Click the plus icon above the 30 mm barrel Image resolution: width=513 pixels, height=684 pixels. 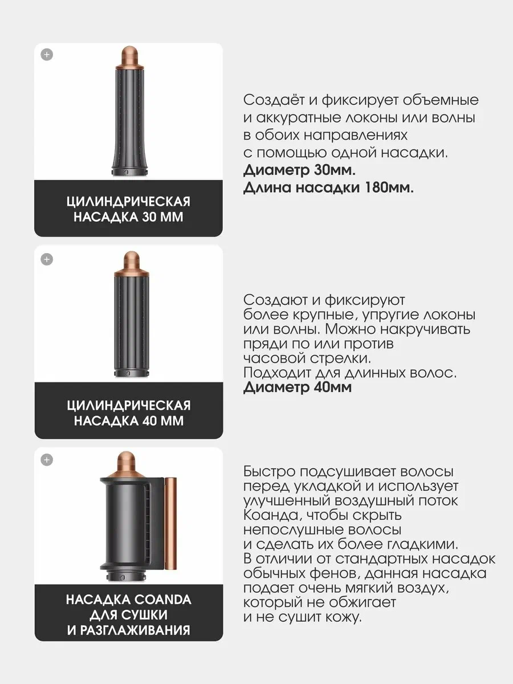[47, 55]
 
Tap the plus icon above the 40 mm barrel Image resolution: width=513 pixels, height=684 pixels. [47, 259]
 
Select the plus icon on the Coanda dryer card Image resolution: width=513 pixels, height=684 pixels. [47, 459]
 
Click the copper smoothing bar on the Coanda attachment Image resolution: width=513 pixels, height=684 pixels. [170, 525]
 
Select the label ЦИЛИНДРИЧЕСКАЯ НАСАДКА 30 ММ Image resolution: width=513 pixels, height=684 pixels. [128, 210]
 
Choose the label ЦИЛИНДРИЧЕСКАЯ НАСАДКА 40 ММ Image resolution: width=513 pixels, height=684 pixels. [128, 413]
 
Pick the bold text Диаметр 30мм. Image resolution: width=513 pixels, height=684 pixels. [299, 170]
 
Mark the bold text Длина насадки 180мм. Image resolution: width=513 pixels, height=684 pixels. [328, 188]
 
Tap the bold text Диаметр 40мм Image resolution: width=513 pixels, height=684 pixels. [298, 388]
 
